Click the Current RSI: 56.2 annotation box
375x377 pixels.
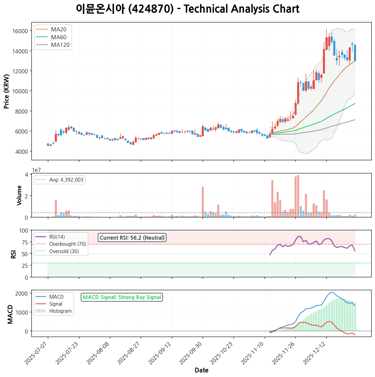click(132, 238)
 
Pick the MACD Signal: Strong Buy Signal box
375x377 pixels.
click(122, 297)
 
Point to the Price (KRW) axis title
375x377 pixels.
click(7, 91)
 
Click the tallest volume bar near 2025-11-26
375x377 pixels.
click(298, 196)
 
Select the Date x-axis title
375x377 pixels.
click(202, 370)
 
